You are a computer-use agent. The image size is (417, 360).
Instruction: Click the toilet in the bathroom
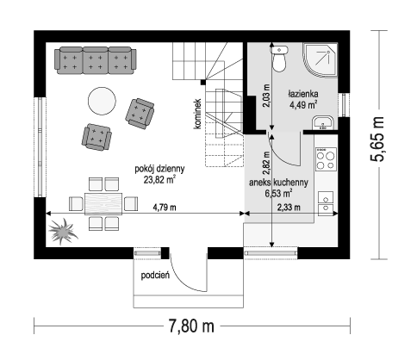279,59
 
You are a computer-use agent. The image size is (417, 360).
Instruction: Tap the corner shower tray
320,59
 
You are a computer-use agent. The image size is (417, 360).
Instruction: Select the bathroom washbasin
323,123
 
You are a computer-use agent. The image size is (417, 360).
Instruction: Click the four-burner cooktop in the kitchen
326,159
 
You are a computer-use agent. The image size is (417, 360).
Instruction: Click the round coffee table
102,101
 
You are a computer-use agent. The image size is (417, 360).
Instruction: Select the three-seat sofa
96,60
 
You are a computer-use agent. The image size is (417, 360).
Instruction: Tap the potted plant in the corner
62,231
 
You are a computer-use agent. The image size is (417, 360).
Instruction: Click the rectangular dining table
103,203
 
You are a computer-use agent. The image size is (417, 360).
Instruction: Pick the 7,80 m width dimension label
191,326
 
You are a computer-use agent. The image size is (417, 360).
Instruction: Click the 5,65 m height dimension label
377,140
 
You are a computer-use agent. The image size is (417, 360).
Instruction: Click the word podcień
155,276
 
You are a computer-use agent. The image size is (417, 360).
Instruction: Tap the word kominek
197,114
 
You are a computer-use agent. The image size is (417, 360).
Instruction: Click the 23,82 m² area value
159,180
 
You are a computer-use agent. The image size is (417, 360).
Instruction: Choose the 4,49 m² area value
303,105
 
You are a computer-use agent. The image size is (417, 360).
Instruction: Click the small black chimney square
203,83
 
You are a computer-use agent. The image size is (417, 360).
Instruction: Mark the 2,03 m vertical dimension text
266,96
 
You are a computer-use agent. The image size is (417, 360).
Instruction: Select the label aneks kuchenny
278,183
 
